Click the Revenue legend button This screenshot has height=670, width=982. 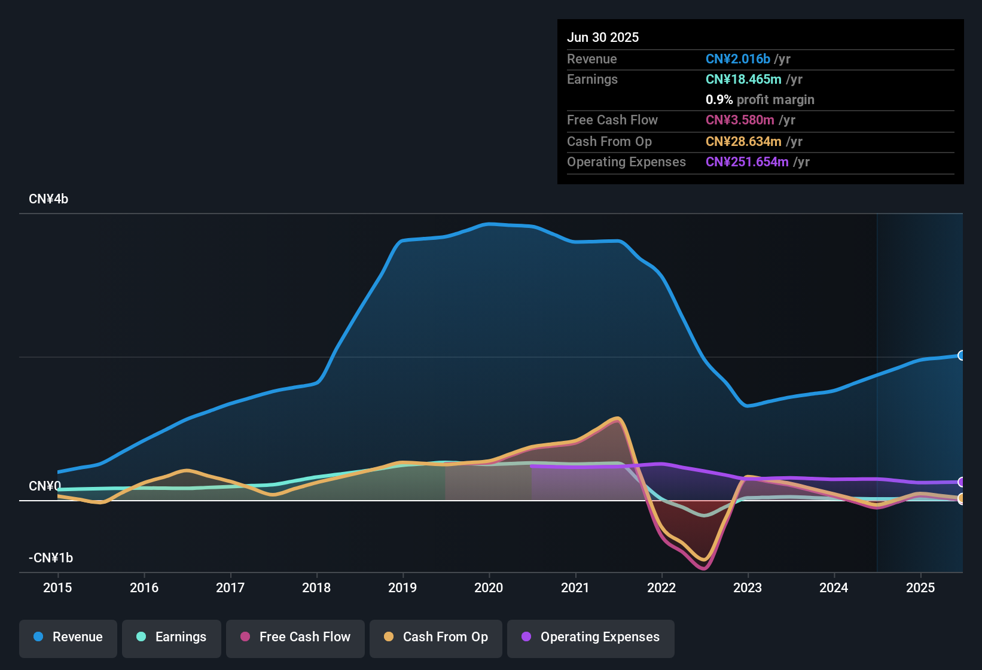click(x=68, y=637)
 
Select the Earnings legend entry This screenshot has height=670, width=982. click(x=172, y=637)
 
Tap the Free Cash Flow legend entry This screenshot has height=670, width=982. click(x=295, y=637)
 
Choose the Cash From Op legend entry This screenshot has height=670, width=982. click(x=436, y=637)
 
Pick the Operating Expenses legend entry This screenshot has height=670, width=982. click(x=591, y=637)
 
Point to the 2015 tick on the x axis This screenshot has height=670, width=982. click(x=57, y=587)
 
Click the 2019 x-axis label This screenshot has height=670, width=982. click(x=402, y=587)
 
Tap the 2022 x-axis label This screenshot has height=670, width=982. click(x=661, y=587)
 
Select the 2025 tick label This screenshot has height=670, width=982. click(x=920, y=587)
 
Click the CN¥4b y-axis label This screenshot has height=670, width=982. click(x=48, y=199)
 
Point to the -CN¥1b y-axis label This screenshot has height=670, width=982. click(x=51, y=558)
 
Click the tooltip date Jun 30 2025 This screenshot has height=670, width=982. click(x=603, y=38)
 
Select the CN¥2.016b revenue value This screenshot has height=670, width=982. click(x=737, y=59)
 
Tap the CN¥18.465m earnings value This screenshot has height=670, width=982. click(x=743, y=80)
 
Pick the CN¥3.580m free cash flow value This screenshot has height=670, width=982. click(x=740, y=120)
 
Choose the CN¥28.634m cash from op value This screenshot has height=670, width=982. click(x=743, y=142)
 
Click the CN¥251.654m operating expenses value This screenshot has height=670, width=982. click(x=747, y=162)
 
